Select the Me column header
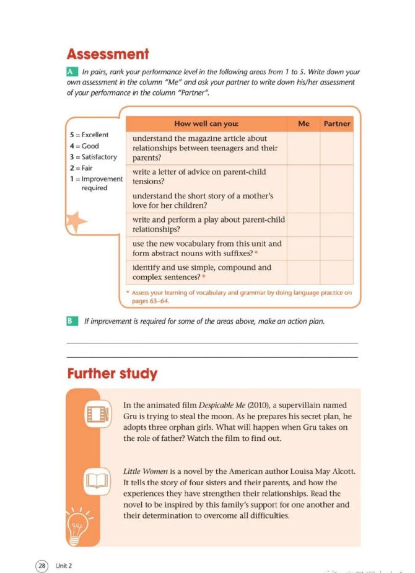point(304,123)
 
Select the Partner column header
point(336,123)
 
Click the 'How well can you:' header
point(206,123)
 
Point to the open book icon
point(97,479)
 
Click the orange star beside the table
point(76,221)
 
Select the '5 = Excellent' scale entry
point(89,135)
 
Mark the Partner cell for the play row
point(336,224)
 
